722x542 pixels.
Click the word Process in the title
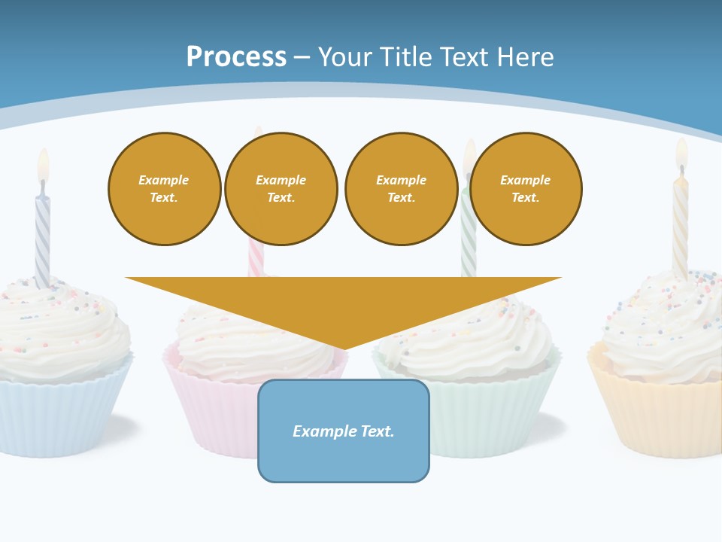pos(236,56)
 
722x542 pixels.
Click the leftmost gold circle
pos(164,189)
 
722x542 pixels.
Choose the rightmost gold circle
pos(526,189)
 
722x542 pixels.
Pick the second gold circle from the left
pos(281,189)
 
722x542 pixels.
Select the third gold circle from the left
pos(401,189)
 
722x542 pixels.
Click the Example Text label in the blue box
pos(344,431)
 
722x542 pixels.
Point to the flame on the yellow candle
pos(681,154)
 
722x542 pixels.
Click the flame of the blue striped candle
pos(44,166)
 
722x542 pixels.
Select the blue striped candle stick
pos(43,241)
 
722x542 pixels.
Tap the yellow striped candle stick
pos(680,226)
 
